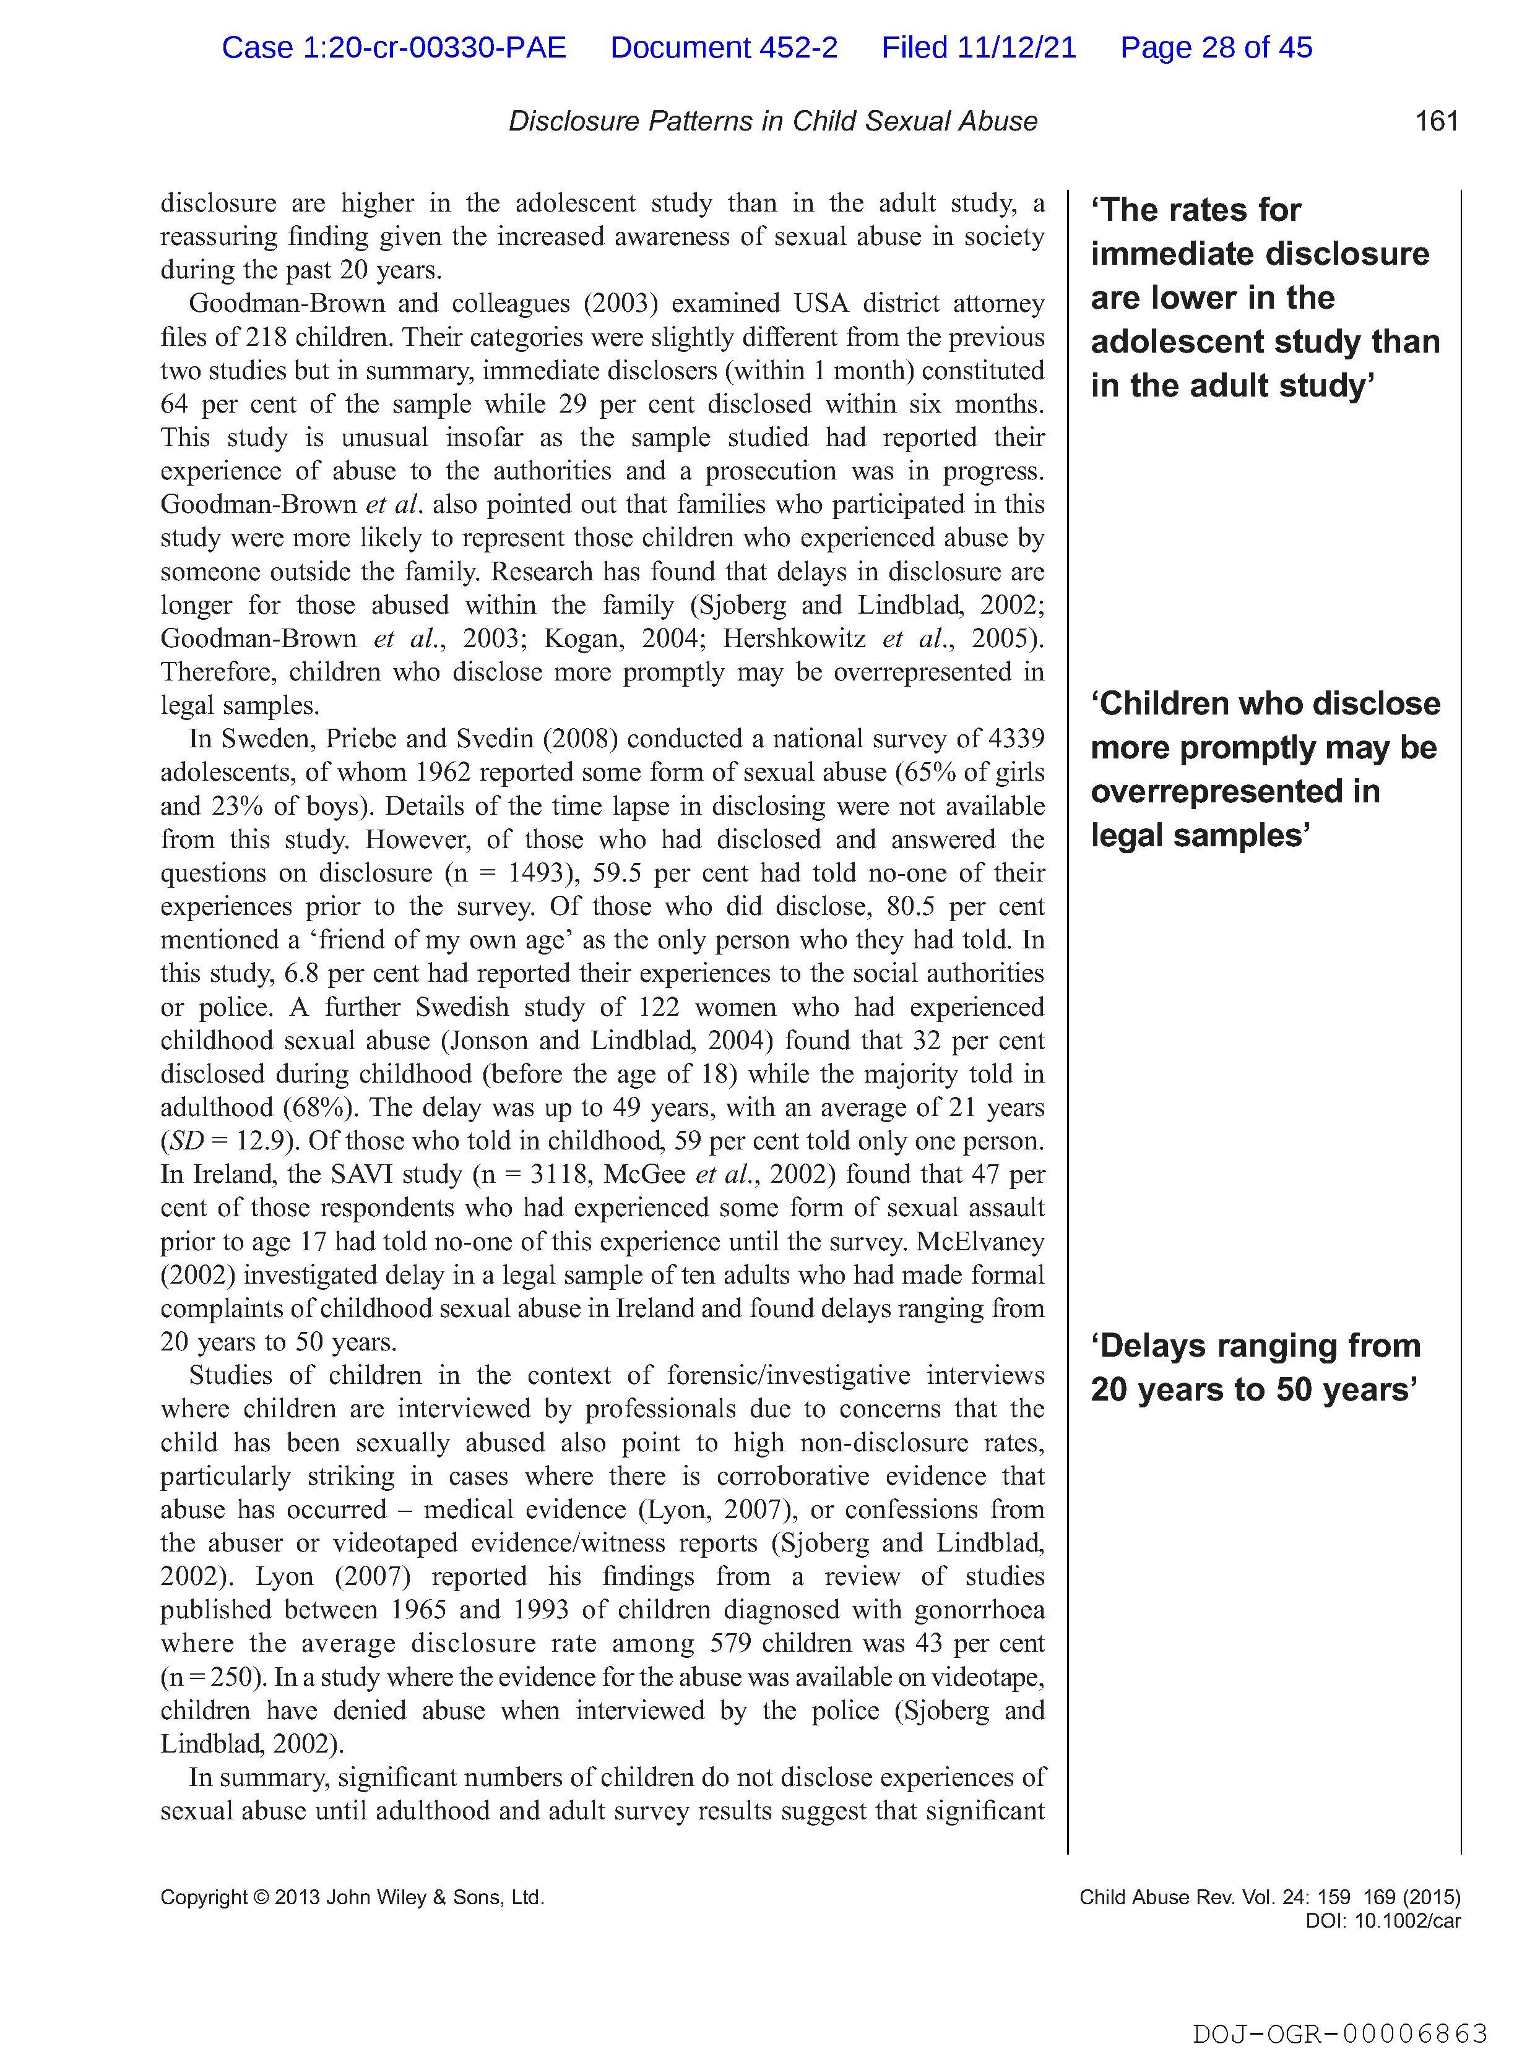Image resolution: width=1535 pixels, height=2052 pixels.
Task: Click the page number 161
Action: [x=1436, y=121]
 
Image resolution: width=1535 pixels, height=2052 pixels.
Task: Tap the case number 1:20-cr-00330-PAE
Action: [x=394, y=47]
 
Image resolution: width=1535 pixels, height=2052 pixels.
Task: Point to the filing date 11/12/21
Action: [x=1016, y=47]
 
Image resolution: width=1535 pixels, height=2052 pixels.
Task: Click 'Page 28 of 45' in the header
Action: [x=1216, y=47]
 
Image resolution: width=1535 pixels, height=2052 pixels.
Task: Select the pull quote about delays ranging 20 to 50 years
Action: [x=1255, y=1367]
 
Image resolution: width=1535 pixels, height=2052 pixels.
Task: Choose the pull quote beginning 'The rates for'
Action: [x=1264, y=298]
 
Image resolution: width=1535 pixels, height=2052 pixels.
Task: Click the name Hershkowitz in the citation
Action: [x=794, y=638]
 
